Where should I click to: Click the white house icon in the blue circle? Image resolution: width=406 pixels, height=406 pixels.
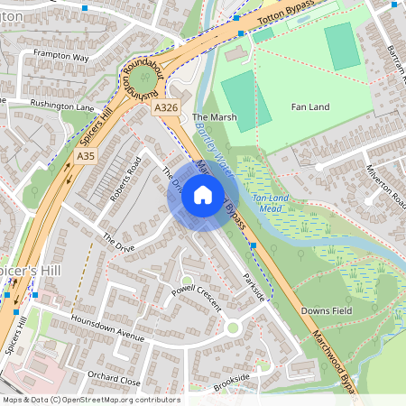(x=203, y=194)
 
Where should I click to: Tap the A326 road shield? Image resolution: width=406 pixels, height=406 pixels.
(x=164, y=108)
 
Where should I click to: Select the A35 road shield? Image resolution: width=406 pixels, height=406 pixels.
(x=85, y=156)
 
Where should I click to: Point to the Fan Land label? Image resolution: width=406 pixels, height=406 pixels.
(x=311, y=107)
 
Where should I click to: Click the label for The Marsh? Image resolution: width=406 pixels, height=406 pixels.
(x=213, y=117)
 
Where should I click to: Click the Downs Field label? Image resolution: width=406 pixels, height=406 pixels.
(x=325, y=310)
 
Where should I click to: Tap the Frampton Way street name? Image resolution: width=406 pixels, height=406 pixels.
(x=60, y=57)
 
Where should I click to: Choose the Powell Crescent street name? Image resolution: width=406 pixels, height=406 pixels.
(x=196, y=297)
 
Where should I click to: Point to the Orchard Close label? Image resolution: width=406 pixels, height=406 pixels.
(x=115, y=378)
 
